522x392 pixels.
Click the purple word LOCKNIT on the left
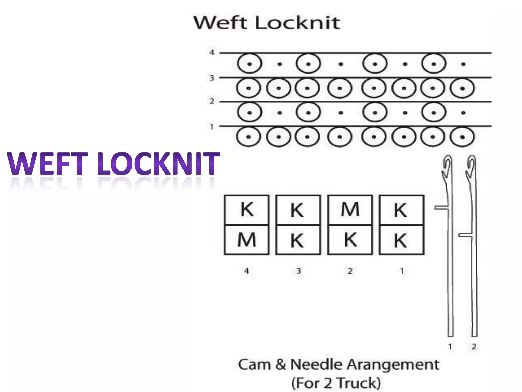(x=159, y=163)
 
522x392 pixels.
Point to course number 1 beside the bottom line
(x=212, y=127)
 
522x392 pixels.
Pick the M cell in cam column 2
(x=350, y=210)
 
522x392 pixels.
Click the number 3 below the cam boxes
(x=299, y=271)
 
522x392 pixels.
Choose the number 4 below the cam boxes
(x=246, y=271)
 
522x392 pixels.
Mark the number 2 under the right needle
(x=474, y=347)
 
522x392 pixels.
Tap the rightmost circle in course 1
(x=462, y=137)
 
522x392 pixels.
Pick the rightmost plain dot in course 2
(x=463, y=113)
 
